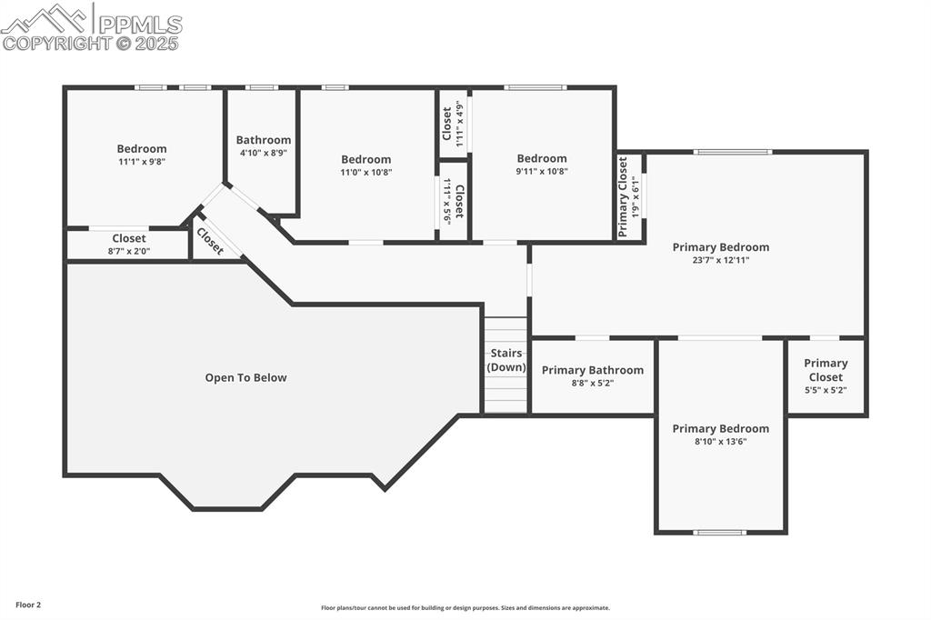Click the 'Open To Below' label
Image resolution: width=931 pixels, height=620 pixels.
coord(245,377)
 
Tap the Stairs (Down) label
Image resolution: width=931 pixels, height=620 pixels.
coord(506,360)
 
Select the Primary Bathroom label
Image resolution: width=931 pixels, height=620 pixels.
coord(592,370)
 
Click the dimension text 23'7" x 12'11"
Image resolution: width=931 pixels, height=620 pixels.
coord(720,260)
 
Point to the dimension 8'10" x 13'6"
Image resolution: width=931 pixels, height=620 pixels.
coord(720,442)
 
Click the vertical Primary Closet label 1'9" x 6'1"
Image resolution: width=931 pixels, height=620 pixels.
coord(623,197)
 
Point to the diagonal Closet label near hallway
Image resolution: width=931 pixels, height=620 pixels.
coord(210,241)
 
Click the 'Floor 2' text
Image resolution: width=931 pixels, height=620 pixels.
coord(28,605)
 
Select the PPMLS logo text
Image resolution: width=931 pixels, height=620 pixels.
coord(139,25)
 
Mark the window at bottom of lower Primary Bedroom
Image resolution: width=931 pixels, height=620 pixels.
coord(719,533)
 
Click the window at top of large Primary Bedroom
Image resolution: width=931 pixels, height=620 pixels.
coord(733,152)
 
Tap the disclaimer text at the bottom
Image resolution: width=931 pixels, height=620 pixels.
coord(465,608)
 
